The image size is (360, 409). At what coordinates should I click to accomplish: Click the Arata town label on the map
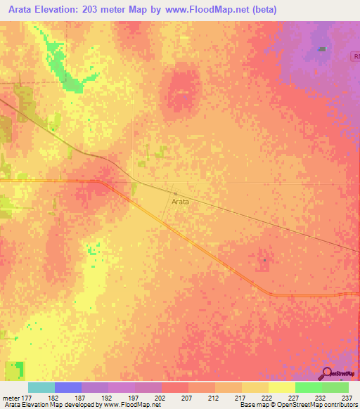coord(180,201)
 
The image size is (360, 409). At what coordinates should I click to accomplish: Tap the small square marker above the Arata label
coord(176,193)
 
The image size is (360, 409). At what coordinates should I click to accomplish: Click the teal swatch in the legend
coord(41,387)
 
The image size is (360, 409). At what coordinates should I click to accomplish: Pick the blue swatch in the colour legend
coord(68,387)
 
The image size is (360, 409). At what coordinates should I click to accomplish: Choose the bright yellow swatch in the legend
coord(281,387)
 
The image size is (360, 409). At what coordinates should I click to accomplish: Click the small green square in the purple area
coord(322,49)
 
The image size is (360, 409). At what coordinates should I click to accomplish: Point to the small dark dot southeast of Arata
coord(264,259)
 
